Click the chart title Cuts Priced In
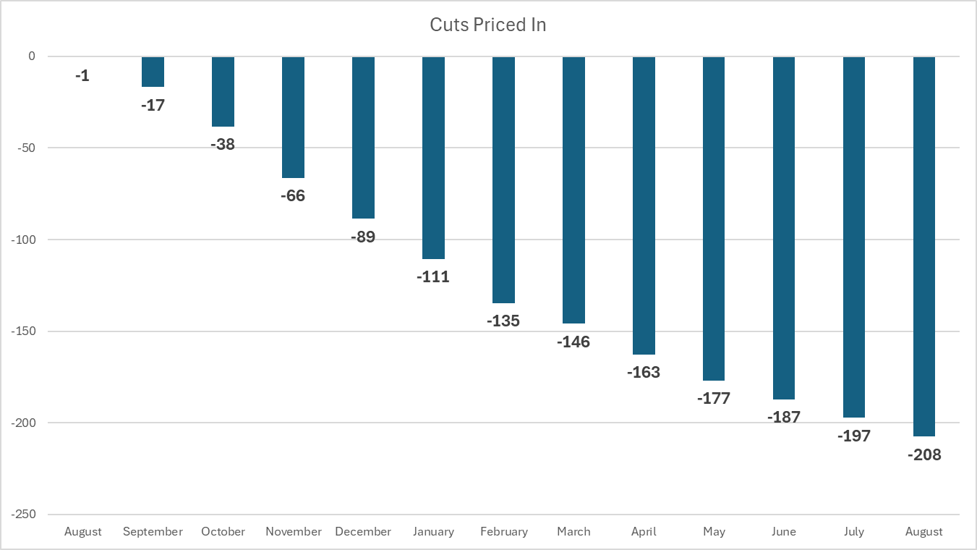pos(487,25)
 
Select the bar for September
pos(153,72)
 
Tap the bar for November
pos(293,117)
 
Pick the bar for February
pos(503,179)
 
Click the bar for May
pos(714,219)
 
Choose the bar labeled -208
pos(924,246)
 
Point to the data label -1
pos(82,75)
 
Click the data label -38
pos(223,144)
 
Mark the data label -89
pos(363,237)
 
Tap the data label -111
pos(433,276)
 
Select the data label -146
pos(573,342)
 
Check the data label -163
pos(644,372)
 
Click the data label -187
pos(784,417)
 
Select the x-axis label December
pos(363,532)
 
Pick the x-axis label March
pos(573,532)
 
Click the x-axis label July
pos(854,532)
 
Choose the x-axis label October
pos(223,532)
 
